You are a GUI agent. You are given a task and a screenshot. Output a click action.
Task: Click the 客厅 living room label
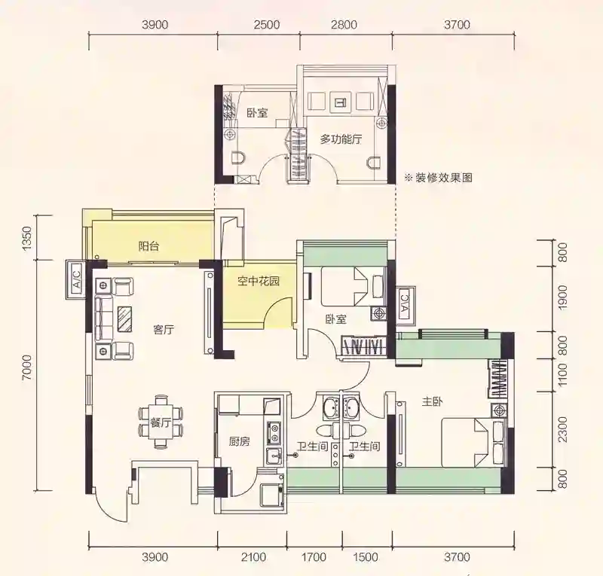coord(164,329)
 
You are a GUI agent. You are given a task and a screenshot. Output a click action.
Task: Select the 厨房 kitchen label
coord(239,442)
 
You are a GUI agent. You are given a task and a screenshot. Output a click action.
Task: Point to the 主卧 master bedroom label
coord(432,402)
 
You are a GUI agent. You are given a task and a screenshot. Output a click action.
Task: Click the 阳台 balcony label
coord(148,246)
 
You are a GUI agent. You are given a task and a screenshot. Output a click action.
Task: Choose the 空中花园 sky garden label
coord(258,282)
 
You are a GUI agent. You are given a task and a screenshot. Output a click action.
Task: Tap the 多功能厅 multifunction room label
coord(341,139)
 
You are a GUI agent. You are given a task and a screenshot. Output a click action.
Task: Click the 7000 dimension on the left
coord(28,367)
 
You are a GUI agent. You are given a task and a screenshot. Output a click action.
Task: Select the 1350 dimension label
coord(28,239)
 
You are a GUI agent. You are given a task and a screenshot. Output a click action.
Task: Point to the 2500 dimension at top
coord(267,25)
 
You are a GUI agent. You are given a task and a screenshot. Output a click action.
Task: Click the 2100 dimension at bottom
coord(253,556)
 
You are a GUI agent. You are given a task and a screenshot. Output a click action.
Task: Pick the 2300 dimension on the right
coord(562,429)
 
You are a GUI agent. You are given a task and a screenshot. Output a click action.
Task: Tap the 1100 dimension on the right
coord(562,376)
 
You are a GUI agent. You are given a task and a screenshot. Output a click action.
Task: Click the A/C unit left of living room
coord(76,279)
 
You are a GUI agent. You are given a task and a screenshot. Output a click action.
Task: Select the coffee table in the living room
coord(124,318)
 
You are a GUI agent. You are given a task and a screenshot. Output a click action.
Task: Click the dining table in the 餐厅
coord(161,422)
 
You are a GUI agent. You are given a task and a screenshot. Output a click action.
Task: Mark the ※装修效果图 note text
coord(438,178)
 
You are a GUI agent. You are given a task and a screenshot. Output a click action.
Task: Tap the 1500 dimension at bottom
coord(366,556)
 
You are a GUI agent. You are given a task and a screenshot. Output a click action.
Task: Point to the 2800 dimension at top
coord(344,25)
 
